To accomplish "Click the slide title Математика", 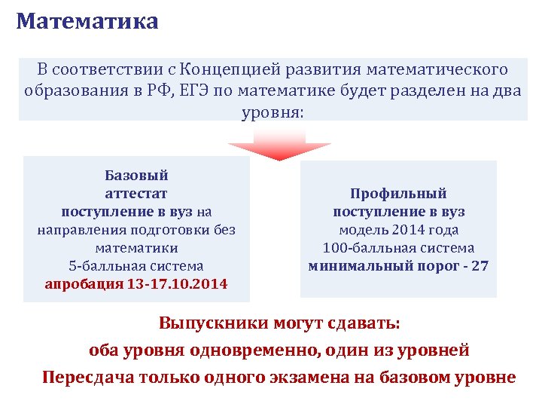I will [87, 21].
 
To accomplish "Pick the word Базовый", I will [136, 176].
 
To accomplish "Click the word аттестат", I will [136, 194].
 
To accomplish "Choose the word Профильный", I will [398, 194].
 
